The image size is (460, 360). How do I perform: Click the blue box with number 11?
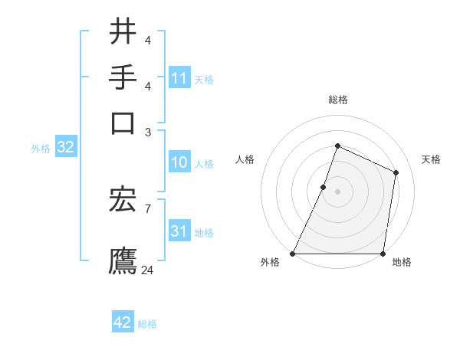coord(179,78)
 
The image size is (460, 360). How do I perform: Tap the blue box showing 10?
coord(179,163)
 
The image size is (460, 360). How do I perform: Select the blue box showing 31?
coord(179,231)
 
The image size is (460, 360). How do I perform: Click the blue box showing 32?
coord(65,148)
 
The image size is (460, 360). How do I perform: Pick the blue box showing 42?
coord(123,322)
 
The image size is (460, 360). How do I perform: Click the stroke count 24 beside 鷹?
coord(148,270)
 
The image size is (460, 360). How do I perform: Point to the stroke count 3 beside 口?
coord(147,132)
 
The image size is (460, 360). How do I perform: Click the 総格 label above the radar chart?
coord(337,100)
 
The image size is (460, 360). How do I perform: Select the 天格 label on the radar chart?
coord(431,159)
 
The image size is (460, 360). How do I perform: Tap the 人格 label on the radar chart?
coord(245,159)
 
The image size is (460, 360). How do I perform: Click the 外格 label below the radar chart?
coord(270,263)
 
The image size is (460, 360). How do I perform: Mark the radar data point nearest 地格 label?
coord(383,254)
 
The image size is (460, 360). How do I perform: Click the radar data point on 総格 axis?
coord(337,146)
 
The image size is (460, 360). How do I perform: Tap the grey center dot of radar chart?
coord(337,191)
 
